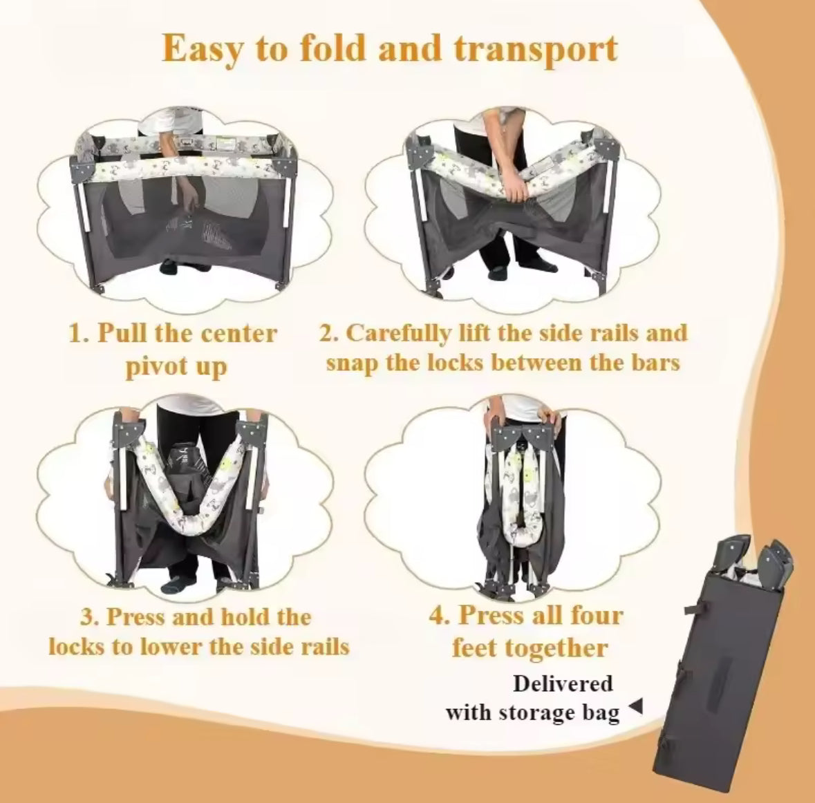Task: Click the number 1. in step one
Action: coord(79,334)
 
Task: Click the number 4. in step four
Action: coord(440,615)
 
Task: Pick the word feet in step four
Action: coord(476,648)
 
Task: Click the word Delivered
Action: coord(563,683)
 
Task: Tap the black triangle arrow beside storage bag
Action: coord(637,706)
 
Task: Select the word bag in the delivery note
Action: coord(600,712)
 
